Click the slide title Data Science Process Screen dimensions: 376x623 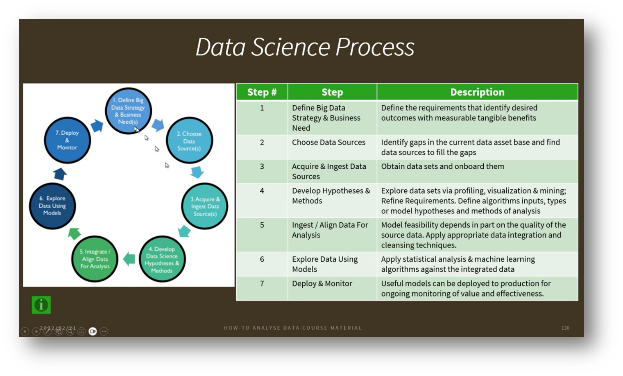point(305,47)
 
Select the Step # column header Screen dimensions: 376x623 point(262,92)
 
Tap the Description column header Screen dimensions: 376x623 point(477,92)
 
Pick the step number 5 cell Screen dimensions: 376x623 point(262,225)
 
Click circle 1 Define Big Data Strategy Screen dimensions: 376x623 point(128,111)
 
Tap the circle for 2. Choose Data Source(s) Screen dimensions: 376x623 point(189,141)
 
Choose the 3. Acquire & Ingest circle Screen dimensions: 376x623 point(204,206)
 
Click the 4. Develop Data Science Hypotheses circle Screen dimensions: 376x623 point(162,259)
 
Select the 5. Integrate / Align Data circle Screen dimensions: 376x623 point(95,259)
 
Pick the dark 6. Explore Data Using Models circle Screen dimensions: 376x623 point(52,206)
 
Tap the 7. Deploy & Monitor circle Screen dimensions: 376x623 point(67,140)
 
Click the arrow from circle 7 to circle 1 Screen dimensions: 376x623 point(97,126)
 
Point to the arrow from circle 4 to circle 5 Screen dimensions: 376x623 point(129,259)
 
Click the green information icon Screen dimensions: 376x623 point(41,305)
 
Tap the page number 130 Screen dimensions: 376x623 point(565,328)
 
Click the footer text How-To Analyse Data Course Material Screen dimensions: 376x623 point(292,328)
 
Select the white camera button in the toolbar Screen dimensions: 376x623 point(93,331)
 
